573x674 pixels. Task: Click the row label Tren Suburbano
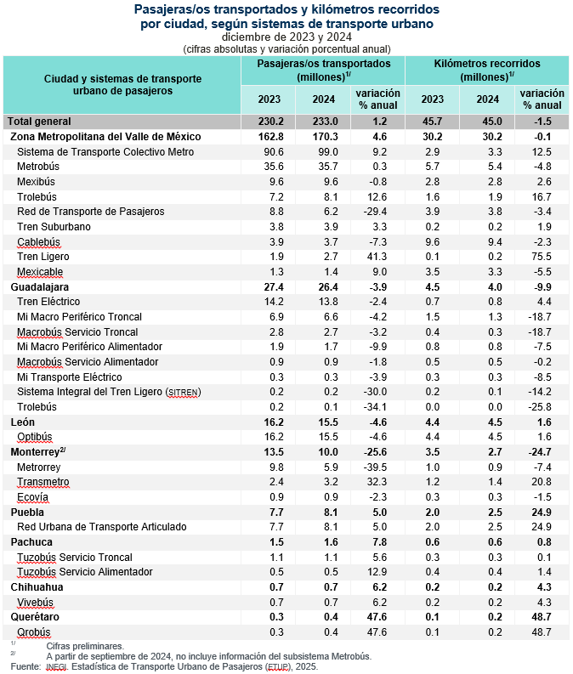pos(54,227)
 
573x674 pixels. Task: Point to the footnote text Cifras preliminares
pos(85,647)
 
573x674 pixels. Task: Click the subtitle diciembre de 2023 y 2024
pos(286,37)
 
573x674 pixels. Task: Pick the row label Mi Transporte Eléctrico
pos(70,377)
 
